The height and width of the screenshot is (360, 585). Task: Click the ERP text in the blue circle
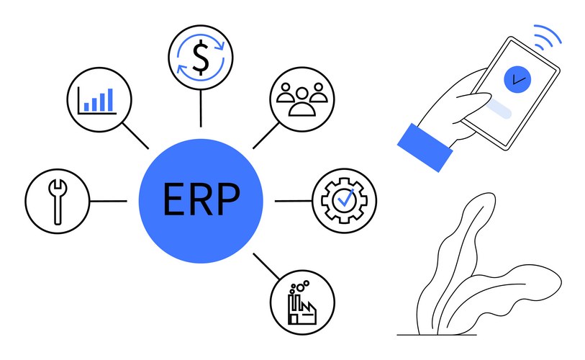pos(200,200)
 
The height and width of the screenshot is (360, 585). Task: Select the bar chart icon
pos(100,99)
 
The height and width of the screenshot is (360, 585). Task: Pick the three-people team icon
pos(302,99)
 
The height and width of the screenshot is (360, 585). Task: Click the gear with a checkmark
pos(344,200)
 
